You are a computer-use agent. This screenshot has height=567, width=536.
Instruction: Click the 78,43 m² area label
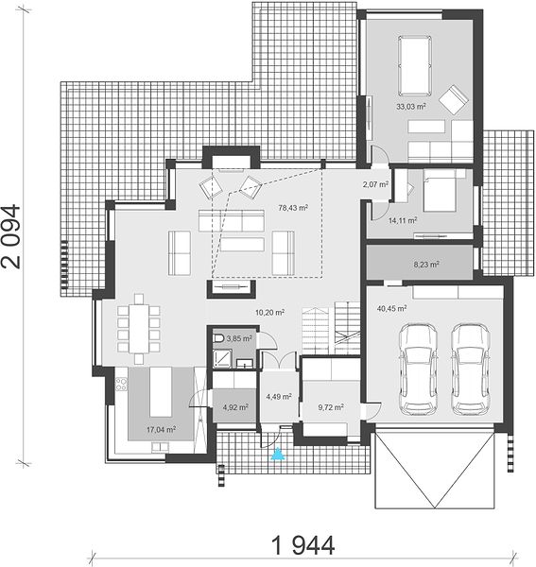(x=293, y=208)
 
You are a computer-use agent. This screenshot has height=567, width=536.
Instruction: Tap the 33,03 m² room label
(x=411, y=107)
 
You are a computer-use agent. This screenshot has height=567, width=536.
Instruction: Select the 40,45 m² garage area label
(x=391, y=308)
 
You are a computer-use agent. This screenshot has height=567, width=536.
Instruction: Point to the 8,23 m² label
(x=426, y=265)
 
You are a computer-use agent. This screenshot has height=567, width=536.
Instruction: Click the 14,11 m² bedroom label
(x=403, y=220)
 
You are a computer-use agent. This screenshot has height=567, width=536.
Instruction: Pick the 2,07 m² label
(x=376, y=184)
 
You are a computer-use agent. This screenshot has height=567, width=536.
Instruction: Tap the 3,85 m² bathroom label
(x=239, y=339)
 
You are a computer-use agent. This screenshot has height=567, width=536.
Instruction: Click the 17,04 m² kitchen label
(x=161, y=430)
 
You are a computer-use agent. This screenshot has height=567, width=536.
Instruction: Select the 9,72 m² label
(x=331, y=407)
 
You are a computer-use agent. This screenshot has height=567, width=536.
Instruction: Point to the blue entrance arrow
(x=278, y=454)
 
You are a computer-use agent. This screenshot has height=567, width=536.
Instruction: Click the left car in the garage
(x=418, y=369)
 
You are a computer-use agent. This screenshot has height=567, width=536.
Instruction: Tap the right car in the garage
(x=471, y=369)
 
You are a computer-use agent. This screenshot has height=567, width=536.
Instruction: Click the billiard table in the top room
(x=415, y=65)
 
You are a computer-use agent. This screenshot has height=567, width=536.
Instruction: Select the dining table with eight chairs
(x=139, y=328)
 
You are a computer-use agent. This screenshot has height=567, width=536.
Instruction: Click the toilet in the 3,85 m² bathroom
(x=218, y=339)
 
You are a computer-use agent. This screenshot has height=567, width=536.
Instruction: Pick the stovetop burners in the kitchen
(x=121, y=384)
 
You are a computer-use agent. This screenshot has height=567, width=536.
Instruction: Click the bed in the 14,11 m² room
(x=440, y=191)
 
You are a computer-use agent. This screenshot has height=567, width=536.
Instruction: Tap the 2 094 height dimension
(x=10, y=237)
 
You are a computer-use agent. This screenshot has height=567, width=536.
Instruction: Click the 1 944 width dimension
(x=303, y=545)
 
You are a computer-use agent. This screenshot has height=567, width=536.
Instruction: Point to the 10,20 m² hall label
(x=269, y=313)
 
